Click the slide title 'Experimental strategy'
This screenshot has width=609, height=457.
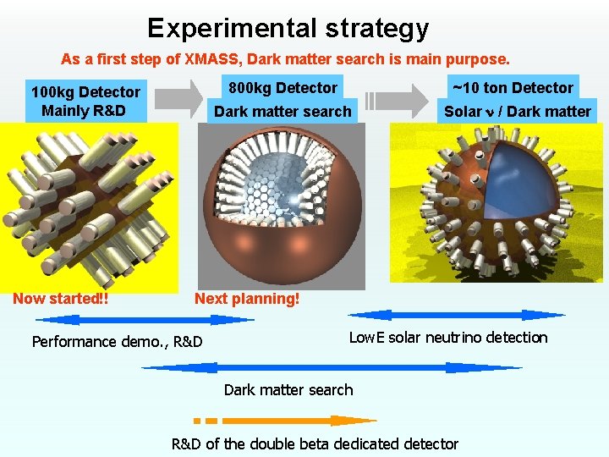[288, 28]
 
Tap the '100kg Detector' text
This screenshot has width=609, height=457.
[85, 91]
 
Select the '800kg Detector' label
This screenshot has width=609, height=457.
[283, 87]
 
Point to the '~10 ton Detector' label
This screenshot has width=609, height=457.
[513, 87]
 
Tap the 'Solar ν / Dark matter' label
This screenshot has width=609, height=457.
[518, 111]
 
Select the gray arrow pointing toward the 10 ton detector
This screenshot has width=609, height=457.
[398, 99]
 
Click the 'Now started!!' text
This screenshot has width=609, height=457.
[60, 298]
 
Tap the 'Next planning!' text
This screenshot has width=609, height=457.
[247, 298]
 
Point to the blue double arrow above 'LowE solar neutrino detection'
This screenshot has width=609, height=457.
[457, 315]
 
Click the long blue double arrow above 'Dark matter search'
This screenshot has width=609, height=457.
[332, 367]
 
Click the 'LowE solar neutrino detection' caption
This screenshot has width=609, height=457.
[448, 338]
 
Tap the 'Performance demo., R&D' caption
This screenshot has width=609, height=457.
[117, 342]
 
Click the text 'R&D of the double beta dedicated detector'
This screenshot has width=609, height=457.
[315, 443]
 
